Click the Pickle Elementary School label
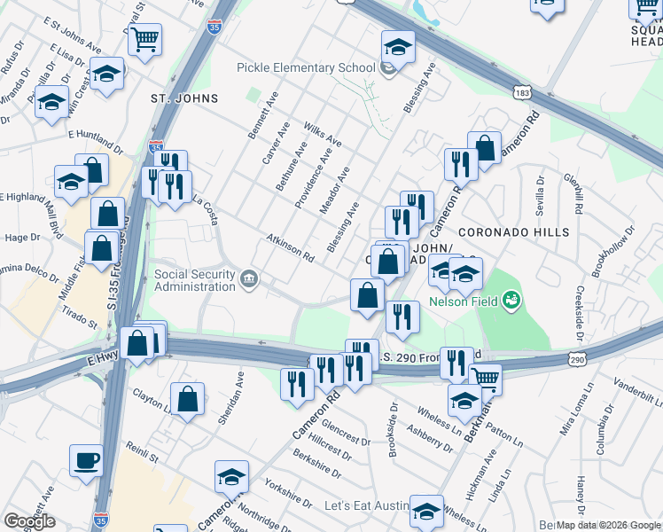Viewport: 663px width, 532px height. pyautogui.click(x=306, y=68)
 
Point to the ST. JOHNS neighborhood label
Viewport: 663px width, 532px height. pyautogui.click(x=173, y=98)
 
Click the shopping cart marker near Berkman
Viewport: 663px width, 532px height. pyautogui.click(x=484, y=379)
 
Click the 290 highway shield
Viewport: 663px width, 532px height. pyautogui.click(x=577, y=359)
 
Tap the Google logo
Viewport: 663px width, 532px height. pyautogui.click(x=29, y=521)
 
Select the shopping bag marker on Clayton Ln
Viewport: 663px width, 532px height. pyautogui.click(x=188, y=399)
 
